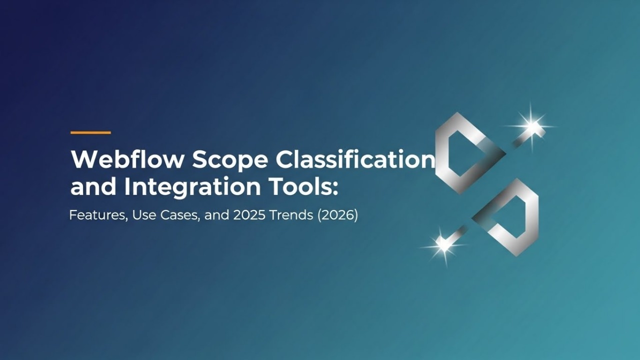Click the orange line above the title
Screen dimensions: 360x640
pos(90,132)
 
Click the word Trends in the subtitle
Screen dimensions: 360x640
pos(282,216)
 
